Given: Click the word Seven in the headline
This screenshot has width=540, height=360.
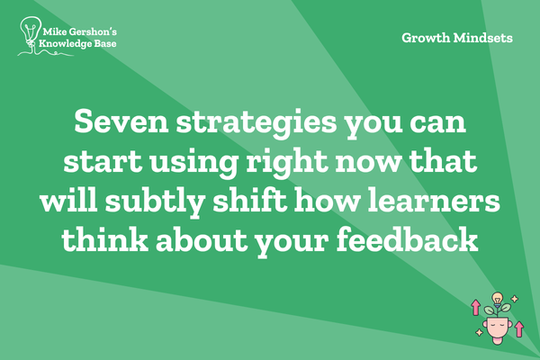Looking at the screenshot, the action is click(x=121, y=121).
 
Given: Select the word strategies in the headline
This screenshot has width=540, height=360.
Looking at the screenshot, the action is click(x=256, y=124).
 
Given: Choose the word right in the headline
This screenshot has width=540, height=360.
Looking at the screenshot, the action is click(x=286, y=163).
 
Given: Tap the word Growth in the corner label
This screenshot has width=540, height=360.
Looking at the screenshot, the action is click(x=426, y=38).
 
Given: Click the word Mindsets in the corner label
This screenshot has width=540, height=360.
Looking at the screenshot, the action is click(x=482, y=38).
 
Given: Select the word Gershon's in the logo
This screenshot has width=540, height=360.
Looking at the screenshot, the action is click(x=93, y=32).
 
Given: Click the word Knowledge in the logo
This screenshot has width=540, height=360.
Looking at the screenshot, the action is click(x=60, y=44).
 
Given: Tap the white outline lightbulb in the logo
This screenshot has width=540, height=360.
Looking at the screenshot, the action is click(x=31, y=32).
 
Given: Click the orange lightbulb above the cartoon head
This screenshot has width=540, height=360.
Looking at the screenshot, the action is click(x=497, y=298).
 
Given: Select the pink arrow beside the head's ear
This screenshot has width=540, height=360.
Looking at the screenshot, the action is click(x=519, y=328).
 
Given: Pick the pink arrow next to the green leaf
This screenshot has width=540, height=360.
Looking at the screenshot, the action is click(x=475, y=307).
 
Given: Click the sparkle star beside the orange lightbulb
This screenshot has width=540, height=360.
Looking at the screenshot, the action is click(x=515, y=299).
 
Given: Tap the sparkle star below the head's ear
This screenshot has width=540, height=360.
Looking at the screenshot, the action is click(x=479, y=332).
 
